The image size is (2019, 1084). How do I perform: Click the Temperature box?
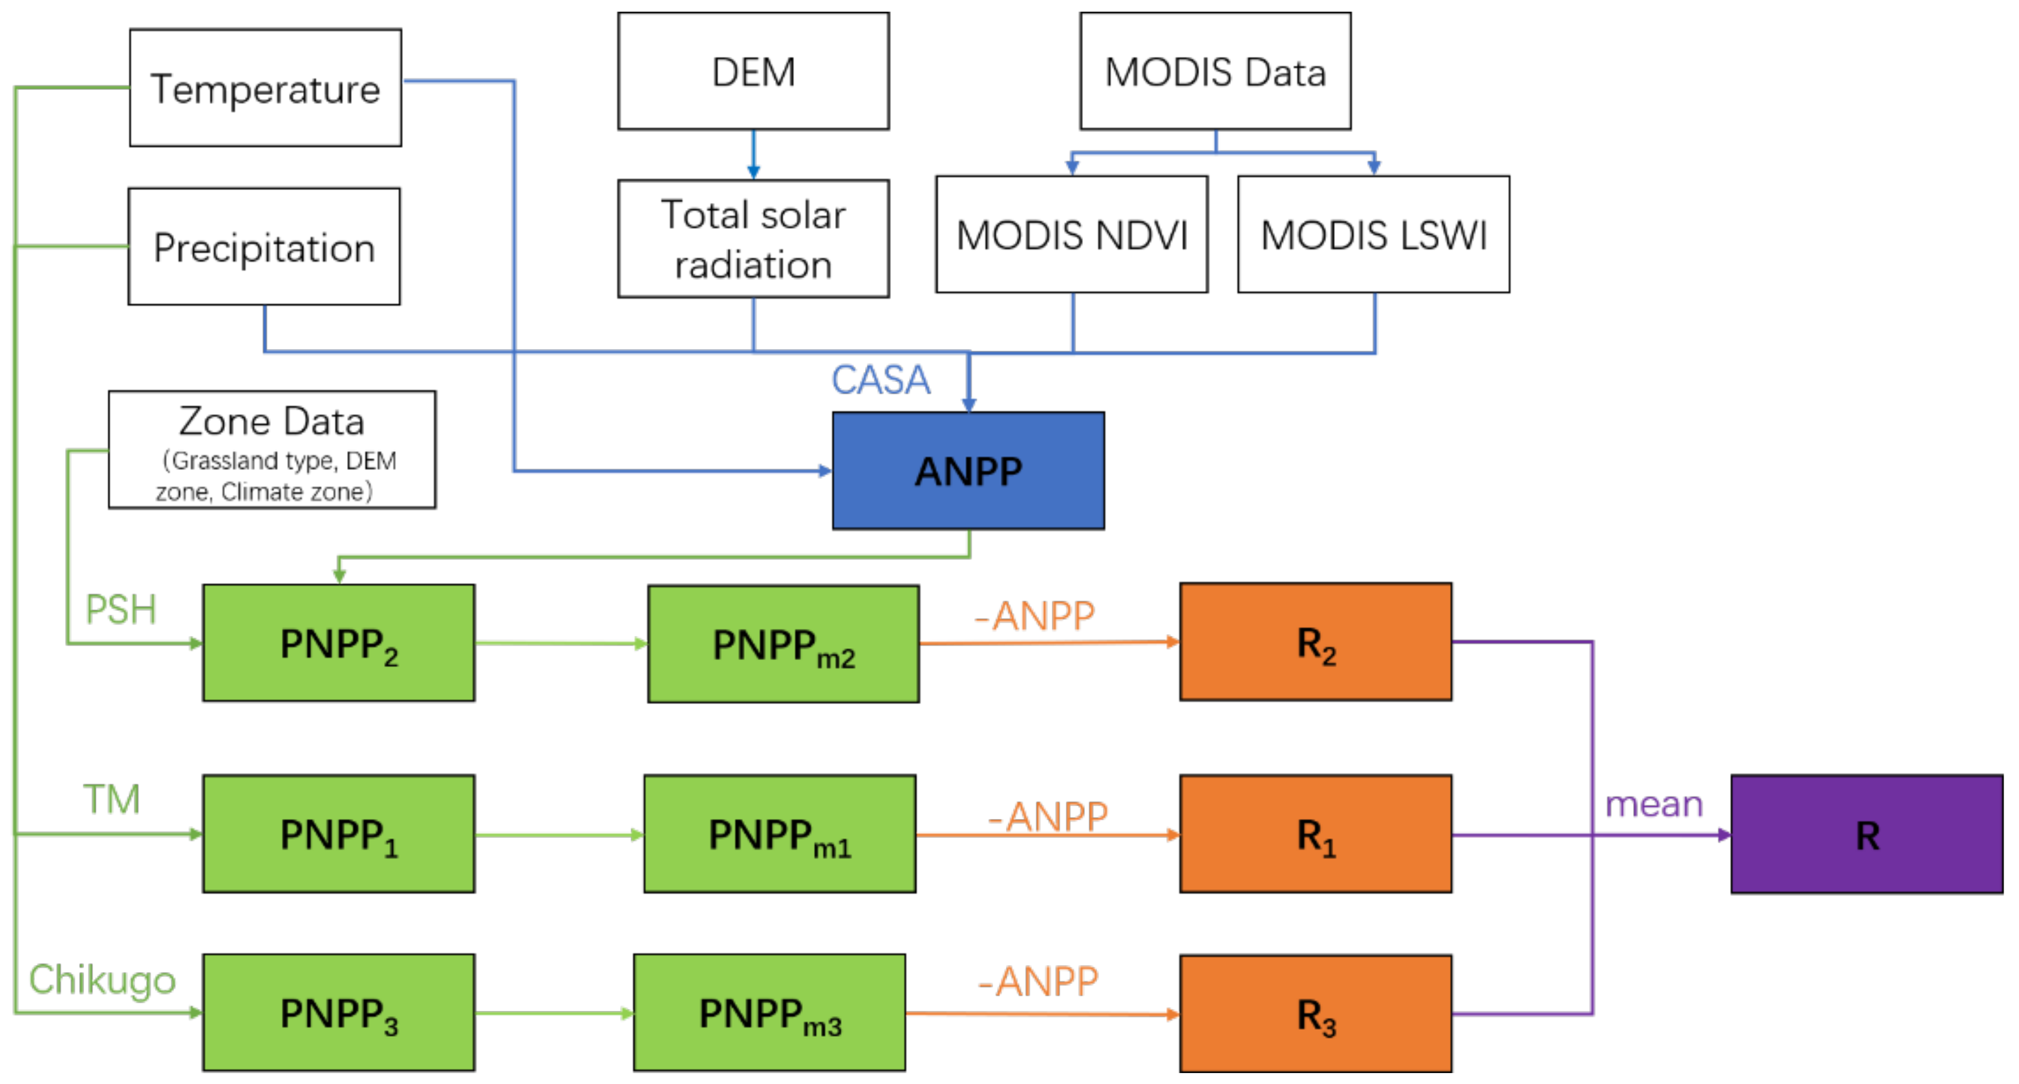click(x=265, y=88)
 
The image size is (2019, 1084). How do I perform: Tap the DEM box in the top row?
click(x=753, y=71)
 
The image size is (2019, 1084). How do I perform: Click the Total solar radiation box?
click(x=753, y=239)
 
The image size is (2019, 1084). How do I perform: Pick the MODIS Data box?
click(x=1214, y=71)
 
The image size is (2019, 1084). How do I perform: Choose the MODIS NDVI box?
click(x=1071, y=235)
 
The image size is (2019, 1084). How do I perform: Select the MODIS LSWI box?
click(x=1373, y=235)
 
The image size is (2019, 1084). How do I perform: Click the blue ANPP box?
click(x=968, y=471)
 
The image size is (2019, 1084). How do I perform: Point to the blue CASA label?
click(x=879, y=380)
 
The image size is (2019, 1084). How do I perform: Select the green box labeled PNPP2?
click(x=338, y=643)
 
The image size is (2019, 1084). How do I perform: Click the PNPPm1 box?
click(x=779, y=833)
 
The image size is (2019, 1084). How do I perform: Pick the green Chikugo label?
click(x=102, y=979)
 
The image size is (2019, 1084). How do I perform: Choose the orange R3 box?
click(x=1314, y=1013)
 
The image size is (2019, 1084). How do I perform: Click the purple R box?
click(x=1866, y=834)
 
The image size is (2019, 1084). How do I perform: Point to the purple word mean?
click(x=1653, y=803)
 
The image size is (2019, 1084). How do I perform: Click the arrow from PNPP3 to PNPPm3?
click(x=553, y=1013)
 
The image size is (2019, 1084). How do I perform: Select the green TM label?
click(x=111, y=799)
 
